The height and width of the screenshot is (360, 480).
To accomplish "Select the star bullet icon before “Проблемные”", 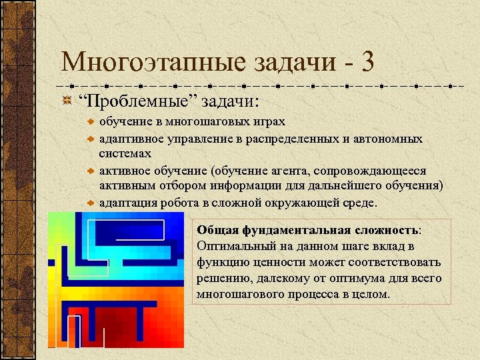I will (x=67, y=102).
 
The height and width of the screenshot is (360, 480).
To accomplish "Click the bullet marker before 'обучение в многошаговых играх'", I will (x=91, y=122).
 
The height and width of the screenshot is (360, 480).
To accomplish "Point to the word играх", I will (x=267, y=122).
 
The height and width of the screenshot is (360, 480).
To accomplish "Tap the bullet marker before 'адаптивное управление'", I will (x=91, y=139).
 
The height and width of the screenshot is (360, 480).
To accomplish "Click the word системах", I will (x=123, y=153).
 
